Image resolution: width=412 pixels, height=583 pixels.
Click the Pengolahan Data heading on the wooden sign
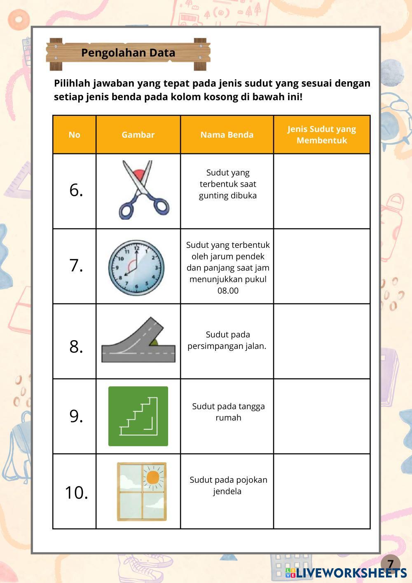point(128,53)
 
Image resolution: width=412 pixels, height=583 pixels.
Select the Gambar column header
point(138,135)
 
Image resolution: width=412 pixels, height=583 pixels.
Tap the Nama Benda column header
point(227,135)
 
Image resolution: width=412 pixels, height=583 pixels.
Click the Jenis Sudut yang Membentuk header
point(322,135)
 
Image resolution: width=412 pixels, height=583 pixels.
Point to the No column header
point(75,135)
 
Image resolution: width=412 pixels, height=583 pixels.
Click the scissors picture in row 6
point(142,190)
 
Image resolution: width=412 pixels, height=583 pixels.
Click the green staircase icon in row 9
point(138,416)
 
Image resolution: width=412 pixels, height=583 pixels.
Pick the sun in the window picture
point(152,477)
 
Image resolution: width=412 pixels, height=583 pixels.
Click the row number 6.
point(76,190)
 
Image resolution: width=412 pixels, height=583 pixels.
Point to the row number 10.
point(76,492)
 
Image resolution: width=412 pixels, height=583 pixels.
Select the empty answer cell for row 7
point(322,266)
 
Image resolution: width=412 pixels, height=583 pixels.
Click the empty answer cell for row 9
point(322,416)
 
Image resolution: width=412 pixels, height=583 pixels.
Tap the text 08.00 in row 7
point(228,291)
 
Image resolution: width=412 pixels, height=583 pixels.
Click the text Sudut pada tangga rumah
point(228,412)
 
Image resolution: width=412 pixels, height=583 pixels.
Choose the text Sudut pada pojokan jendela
point(228,485)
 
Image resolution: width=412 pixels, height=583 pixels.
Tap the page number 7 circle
point(390,563)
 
